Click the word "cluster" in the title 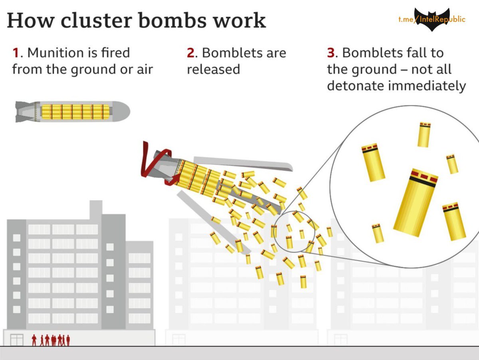point(96,20)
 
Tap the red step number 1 point(16,53)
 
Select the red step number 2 point(191,53)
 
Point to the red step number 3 point(331,53)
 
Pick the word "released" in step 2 point(214,69)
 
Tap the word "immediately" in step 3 point(428,86)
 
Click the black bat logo point(432,19)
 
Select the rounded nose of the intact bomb point(122,111)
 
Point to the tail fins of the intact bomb point(25,111)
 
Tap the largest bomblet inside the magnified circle point(416,202)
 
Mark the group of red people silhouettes point(51,340)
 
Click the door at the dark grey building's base point(17,340)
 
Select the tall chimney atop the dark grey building point(96,210)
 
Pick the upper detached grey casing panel point(243,163)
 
